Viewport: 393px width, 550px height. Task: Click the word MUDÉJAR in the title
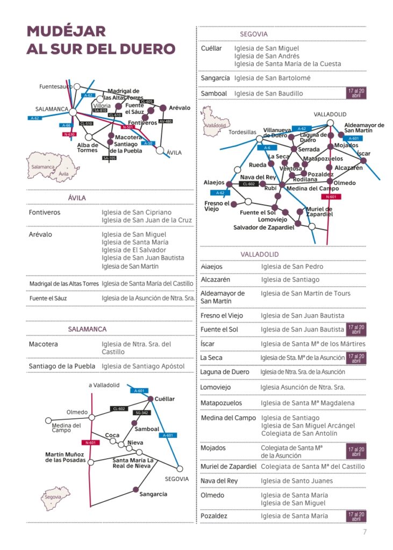(x=66, y=31)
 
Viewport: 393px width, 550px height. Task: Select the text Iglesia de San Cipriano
(x=137, y=213)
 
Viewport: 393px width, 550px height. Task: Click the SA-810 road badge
(x=101, y=110)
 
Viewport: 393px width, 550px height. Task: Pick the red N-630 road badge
(x=69, y=134)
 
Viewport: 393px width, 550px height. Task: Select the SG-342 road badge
(x=141, y=412)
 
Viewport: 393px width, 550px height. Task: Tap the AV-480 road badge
(x=166, y=121)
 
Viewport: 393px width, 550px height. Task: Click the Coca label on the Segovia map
(x=112, y=435)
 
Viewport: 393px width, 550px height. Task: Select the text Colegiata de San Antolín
(x=299, y=433)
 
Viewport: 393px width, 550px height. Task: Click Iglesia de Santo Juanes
(x=297, y=481)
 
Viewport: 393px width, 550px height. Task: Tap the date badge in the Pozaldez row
(x=355, y=516)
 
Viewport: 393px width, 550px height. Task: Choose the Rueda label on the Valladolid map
(x=258, y=165)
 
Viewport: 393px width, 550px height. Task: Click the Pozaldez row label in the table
(x=214, y=516)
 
